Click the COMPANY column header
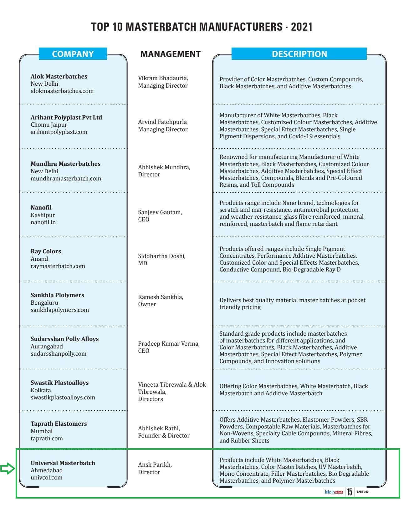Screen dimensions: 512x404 73,54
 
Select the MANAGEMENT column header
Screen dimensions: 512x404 170,54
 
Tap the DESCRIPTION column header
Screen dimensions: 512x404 299,54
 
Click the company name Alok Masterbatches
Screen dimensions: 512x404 59,76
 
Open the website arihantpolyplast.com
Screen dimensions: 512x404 59,132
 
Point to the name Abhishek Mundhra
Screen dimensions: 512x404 164,167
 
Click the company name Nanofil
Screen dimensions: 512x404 41,207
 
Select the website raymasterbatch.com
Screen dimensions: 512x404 58,266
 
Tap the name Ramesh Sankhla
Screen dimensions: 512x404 161,297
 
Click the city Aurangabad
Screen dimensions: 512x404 47,346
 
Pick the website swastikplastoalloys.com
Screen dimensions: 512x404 63,397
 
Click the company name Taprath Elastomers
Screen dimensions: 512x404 59,423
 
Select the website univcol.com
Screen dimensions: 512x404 46,477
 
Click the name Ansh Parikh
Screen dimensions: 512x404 155,464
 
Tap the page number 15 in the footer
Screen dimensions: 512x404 349,492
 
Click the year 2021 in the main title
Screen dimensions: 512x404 302,27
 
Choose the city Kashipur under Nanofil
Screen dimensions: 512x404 43,215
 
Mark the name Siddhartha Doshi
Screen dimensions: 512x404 161,256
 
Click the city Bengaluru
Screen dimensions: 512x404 44,302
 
